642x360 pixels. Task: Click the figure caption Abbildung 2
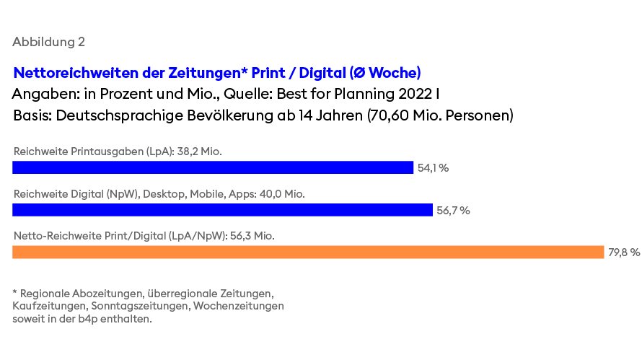point(49,42)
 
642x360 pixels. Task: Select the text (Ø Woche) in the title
point(385,73)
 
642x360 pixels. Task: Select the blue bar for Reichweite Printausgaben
point(213,167)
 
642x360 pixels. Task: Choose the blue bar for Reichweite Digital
point(222,210)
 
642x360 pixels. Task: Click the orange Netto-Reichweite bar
point(308,252)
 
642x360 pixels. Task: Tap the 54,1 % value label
point(433,168)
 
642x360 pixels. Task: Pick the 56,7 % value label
point(453,211)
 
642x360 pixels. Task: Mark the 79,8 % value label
point(624,253)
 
